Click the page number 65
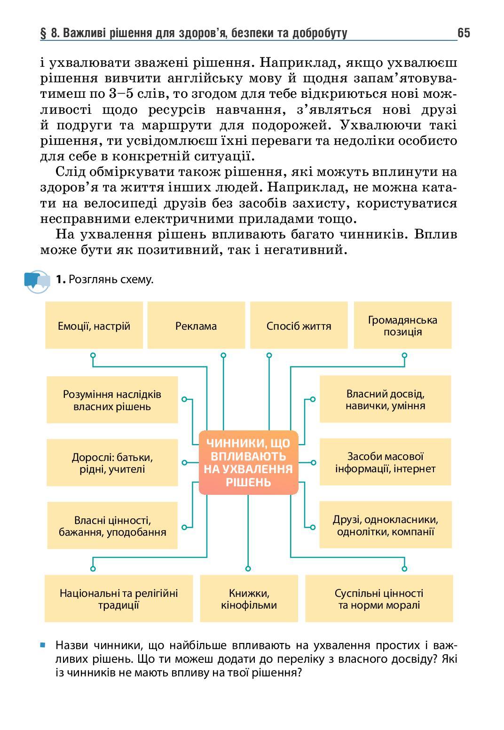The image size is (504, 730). tap(463, 33)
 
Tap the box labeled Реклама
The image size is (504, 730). tap(196, 325)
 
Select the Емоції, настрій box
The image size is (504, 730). tap(94, 325)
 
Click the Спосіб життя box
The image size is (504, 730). tap(299, 325)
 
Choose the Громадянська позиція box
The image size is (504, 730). tap(402, 325)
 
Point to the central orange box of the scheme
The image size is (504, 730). tap(248, 462)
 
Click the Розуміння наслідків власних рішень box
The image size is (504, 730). tap(112, 400)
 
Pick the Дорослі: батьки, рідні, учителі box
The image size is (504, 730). tap(112, 462)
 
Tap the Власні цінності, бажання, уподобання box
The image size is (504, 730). tap(112, 525)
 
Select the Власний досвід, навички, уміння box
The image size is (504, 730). tap(385, 399)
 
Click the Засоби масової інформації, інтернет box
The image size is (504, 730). tap(385, 462)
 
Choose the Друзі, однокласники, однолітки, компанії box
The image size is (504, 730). tap(385, 525)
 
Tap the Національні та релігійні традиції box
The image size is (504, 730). tap(118, 598)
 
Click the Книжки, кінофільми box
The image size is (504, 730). tap(249, 598)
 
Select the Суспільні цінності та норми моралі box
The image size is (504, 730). tap(379, 598)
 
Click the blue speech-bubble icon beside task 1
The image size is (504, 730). tap(37, 281)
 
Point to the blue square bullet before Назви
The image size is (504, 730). tap(43, 645)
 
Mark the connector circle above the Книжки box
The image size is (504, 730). tap(248, 568)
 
